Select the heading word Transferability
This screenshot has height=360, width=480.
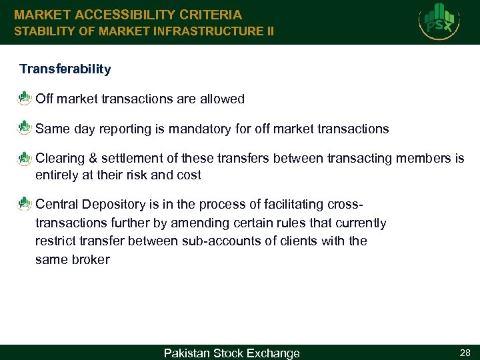tap(65, 69)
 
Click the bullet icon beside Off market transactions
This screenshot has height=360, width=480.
tap(25, 99)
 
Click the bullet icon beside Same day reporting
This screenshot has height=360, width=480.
tap(25, 128)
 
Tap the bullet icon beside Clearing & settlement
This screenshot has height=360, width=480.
tap(25, 158)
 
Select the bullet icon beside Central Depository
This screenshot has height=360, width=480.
tap(25, 203)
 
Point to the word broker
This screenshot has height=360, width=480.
tap(90, 259)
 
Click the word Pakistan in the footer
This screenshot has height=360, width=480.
tap(186, 353)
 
